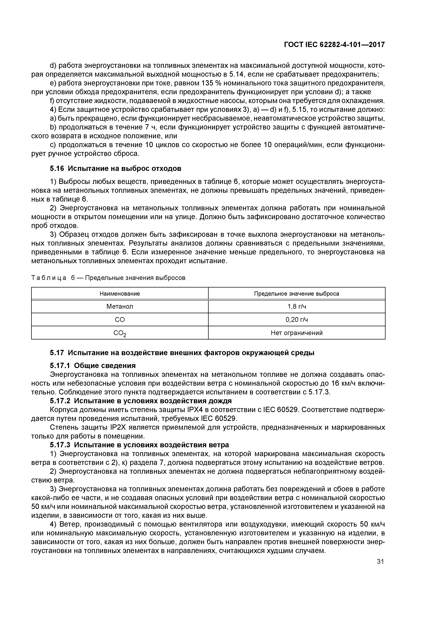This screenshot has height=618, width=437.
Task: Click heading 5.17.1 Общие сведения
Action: [x=93, y=366]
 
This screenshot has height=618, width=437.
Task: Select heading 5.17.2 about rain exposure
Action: [x=141, y=401]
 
